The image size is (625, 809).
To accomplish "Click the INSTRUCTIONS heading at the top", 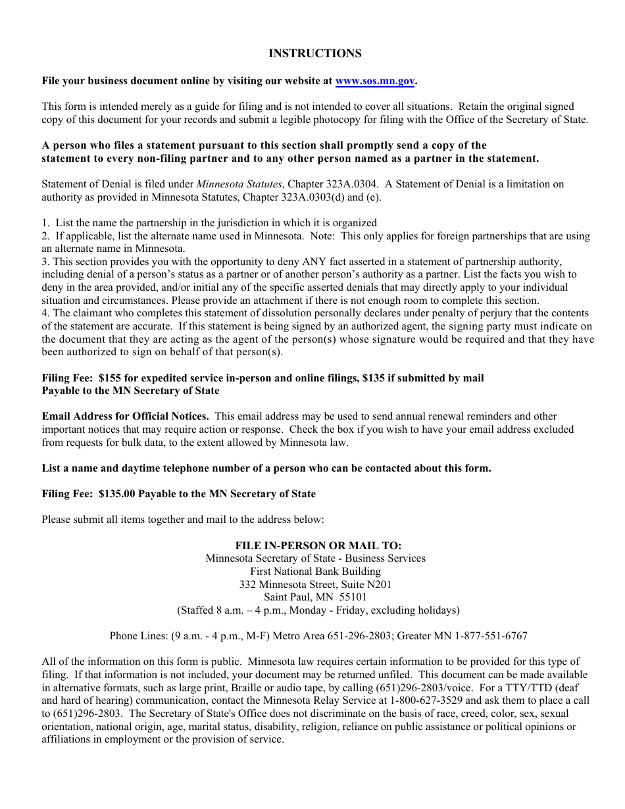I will [314, 54].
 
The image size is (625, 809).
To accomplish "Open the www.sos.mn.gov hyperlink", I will [374, 81].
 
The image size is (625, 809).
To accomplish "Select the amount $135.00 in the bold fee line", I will [116, 494].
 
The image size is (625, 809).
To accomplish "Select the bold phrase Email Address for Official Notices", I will [125, 416].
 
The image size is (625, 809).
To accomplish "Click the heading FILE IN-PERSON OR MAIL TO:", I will [318, 545].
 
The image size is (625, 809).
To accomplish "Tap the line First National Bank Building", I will [315, 571].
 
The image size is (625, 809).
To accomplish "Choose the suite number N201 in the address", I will [379, 584].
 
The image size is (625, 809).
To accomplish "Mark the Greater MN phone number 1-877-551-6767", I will [487, 636].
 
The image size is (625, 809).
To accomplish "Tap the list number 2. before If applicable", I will [45, 236].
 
